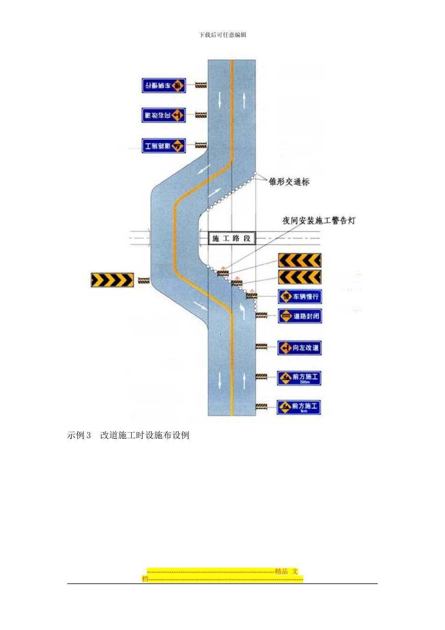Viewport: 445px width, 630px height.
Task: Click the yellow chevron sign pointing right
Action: coord(112,280)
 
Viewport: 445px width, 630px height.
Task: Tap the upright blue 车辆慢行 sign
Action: coord(299,297)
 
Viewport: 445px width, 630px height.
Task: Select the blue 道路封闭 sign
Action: coord(299,316)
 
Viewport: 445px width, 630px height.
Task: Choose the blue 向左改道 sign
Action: coord(299,348)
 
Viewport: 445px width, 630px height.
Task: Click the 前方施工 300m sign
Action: coord(299,378)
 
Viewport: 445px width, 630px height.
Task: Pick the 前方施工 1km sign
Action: coord(299,407)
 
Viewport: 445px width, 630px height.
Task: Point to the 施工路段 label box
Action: coord(231,238)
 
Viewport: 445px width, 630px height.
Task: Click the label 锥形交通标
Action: coord(289,182)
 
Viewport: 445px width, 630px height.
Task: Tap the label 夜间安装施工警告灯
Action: coord(319,220)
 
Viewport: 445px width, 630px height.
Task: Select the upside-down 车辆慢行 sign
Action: coord(164,85)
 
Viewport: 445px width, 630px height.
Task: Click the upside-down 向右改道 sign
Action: coord(164,115)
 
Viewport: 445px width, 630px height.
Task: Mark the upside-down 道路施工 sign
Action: coord(164,146)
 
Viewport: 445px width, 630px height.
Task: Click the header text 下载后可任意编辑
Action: coord(222,35)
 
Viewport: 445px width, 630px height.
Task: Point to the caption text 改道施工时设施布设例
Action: coord(145,435)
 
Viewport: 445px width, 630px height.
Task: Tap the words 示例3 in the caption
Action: coord(79,435)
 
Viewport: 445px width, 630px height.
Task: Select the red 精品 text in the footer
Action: coord(282,571)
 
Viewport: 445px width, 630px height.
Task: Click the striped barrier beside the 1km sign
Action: coord(261,407)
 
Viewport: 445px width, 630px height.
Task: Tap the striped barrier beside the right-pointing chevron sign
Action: coord(144,280)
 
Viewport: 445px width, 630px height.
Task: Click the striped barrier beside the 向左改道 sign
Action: coord(261,347)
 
